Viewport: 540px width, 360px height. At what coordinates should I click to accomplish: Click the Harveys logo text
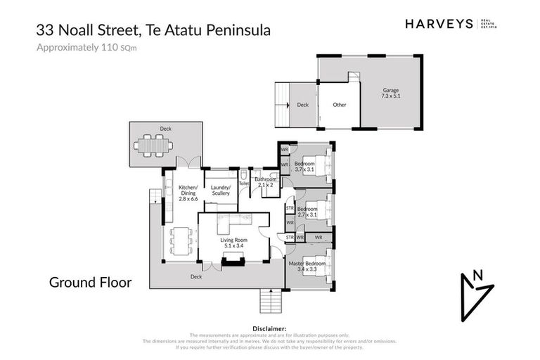[x=439, y=24]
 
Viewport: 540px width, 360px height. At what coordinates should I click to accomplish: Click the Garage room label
[x=391, y=94]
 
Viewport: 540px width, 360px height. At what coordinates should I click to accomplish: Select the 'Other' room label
[x=340, y=105]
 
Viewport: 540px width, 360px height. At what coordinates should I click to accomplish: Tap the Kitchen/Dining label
[x=188, y=191]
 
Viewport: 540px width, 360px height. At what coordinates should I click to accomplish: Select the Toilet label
[x=244, y=184]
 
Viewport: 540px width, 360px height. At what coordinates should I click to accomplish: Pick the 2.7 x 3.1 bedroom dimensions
[x=308, y=213]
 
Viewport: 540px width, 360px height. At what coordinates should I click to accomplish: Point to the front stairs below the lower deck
[x=271, y=302]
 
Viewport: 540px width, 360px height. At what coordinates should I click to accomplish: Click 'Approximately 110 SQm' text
[x=86, y=48]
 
